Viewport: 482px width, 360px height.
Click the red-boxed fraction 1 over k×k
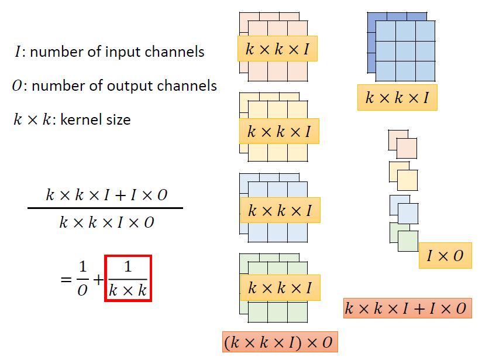(x=128, y=278)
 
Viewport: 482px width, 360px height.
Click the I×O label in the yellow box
(x=445, y=256)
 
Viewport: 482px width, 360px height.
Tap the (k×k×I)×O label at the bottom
(x=280, y=342)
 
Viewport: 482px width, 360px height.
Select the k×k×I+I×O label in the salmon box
(x=407, y=308)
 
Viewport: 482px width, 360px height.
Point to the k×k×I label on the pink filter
(x=277, y=50)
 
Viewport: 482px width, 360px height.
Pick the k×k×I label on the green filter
(x=280, y=288)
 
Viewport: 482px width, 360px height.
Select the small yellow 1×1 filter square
(x=407, y=180)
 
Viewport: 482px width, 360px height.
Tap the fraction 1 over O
(x=82, y=278)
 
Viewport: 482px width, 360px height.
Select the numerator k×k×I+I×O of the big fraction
(x=106, y=194)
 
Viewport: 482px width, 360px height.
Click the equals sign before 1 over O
(x=65, y=279)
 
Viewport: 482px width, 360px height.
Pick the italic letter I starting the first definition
(x=18, y=52)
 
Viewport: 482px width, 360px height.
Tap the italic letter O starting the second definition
(x=18, y=86)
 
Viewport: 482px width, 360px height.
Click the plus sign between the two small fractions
(x=97, y=279)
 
